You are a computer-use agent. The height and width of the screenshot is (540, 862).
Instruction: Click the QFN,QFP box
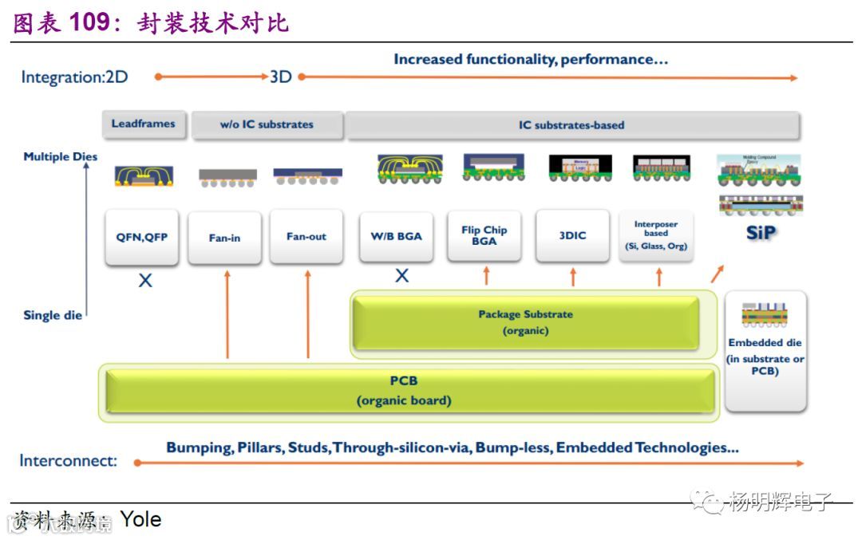click(x=141, y=237)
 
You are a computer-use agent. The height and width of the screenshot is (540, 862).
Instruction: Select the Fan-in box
click(x=224, y=238)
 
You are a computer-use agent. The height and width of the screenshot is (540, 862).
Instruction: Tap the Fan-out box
click(x=306, y=237)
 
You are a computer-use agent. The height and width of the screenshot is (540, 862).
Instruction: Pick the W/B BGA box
click(x=396, y=236)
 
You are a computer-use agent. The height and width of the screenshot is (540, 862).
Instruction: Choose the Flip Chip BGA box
click(x=484, y=235)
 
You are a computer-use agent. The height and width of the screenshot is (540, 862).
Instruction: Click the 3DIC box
click(x=572, y=235)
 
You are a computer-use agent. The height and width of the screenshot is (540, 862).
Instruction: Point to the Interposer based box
click(x=656, y=235)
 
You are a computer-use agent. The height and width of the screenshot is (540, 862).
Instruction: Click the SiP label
click(x=760, y=233)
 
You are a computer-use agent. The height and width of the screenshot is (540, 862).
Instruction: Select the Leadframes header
click(x=143, y=124)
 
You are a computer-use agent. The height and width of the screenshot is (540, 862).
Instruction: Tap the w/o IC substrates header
click(x=267, y=125)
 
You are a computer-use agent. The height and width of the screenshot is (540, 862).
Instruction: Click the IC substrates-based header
click(x=571, y=125)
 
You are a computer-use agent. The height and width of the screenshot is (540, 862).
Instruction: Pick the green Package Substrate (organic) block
click(x=525, y=323)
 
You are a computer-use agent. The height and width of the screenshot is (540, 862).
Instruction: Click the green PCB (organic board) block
click(x=404, y=391)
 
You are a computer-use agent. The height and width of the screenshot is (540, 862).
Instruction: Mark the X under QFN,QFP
click(x=145, y=281)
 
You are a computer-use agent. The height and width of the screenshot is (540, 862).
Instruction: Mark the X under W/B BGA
click(x=401, y=276)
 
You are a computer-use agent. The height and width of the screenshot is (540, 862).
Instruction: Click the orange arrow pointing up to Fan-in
click(x=227, y=315)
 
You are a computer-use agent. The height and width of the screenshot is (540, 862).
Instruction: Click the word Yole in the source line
click(x=140, y=520)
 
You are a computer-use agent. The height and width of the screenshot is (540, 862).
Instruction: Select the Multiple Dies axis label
click(x=60, y=157)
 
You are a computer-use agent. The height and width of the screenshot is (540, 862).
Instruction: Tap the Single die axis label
click(x=53, y=315)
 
